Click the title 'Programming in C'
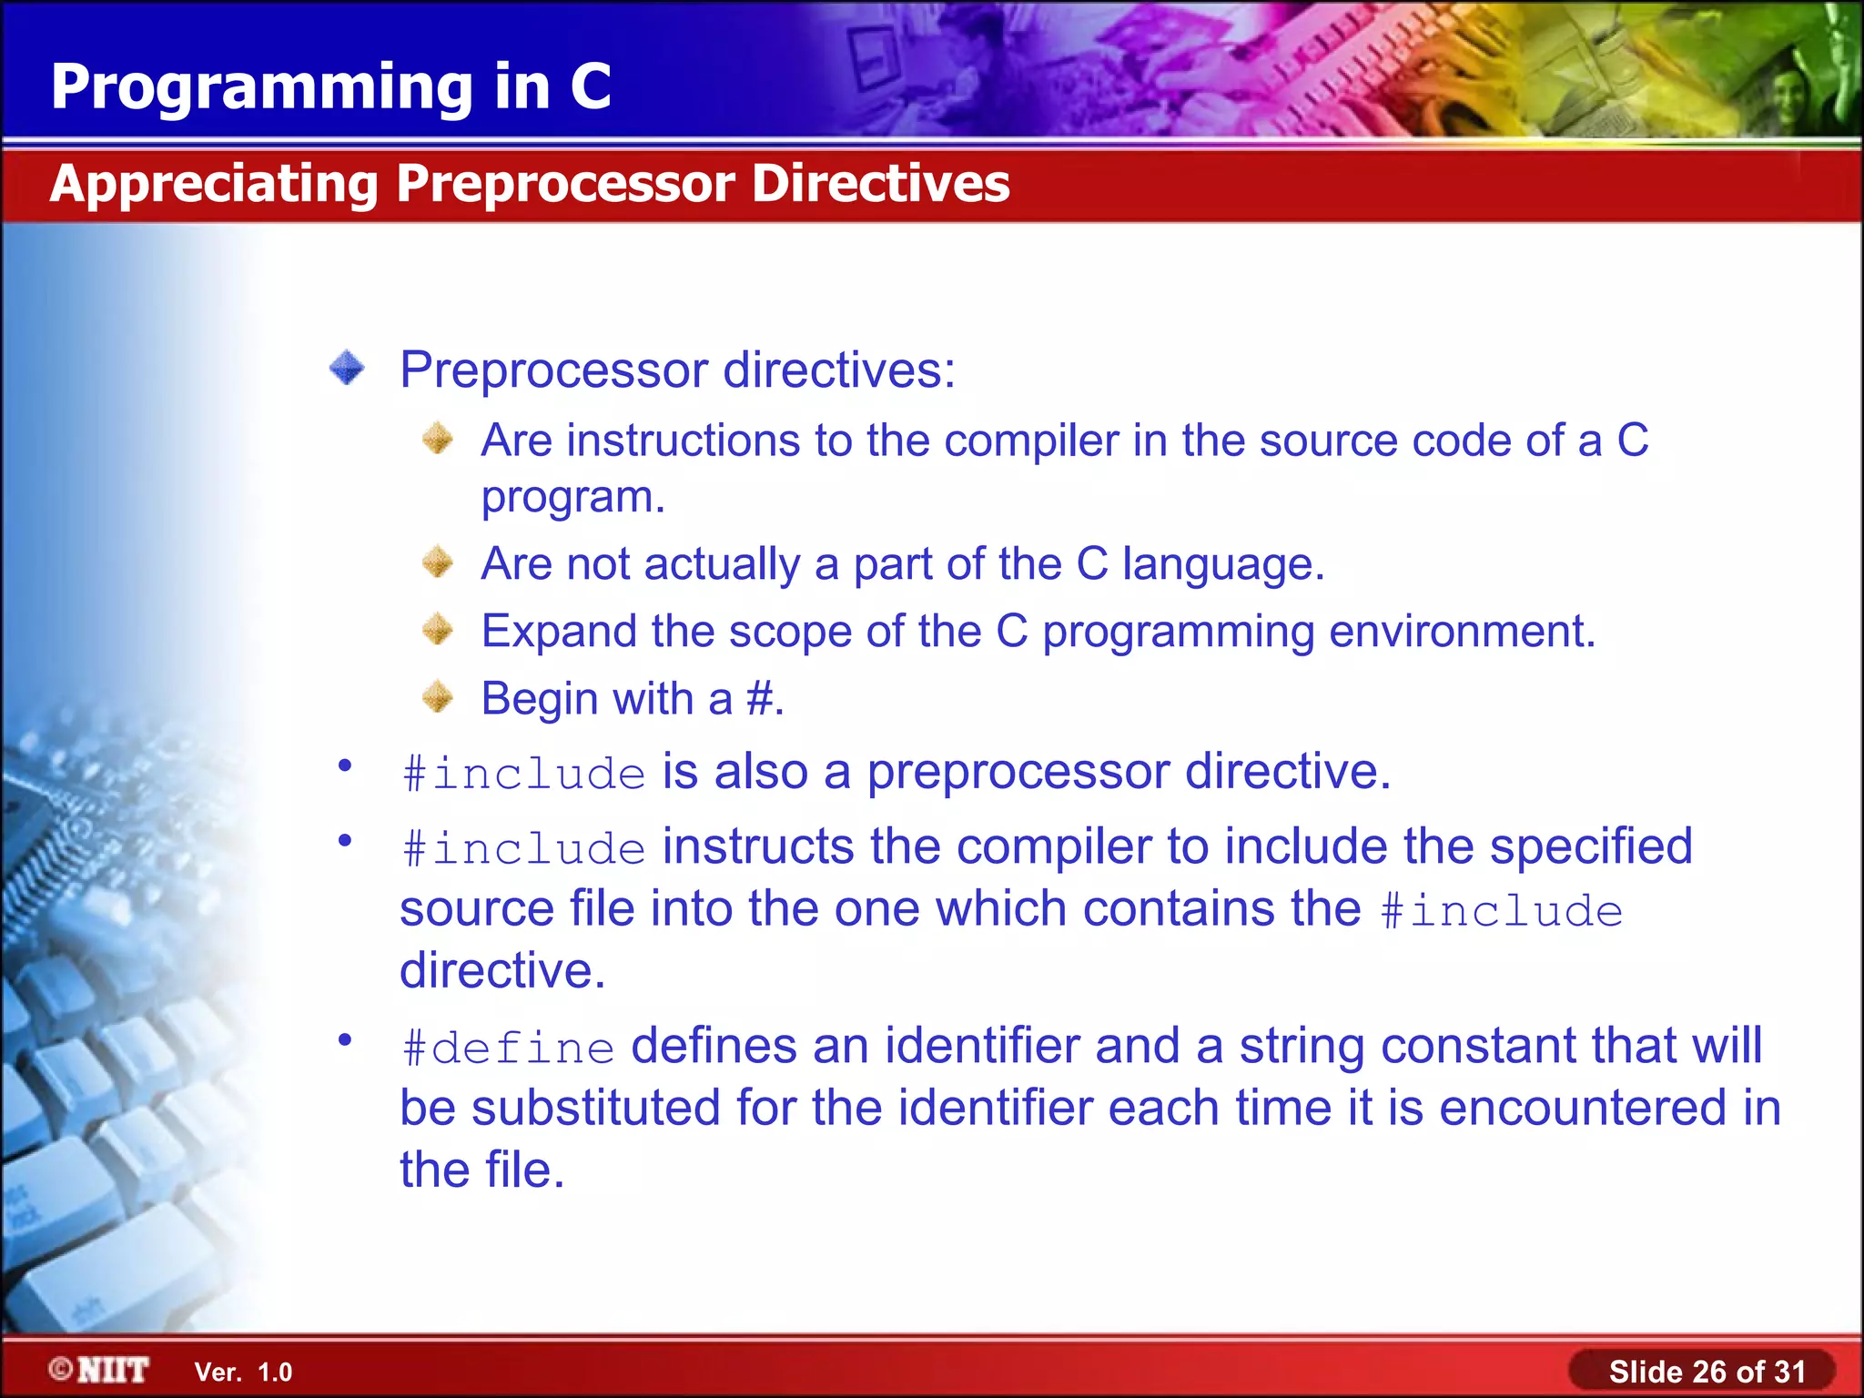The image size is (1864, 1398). [x=330, y=87]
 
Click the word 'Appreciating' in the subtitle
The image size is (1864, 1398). [x=214, y=184]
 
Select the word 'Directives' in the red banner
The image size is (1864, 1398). [x=880, y=184]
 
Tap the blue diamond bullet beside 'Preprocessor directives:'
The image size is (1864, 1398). [x=347, y=369]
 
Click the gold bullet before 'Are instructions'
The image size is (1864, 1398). [x=438, y=439]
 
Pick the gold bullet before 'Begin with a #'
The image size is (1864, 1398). [x=438, y=697]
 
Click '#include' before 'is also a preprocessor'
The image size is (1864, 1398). [x=524, y=775]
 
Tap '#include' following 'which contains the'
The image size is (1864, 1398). [x=1501, y=912]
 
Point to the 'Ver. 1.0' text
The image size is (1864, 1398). [x=243, y=1373]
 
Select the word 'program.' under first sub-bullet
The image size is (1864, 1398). [x=573, y=498]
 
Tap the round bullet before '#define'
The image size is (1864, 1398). [x=345, y=1038]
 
